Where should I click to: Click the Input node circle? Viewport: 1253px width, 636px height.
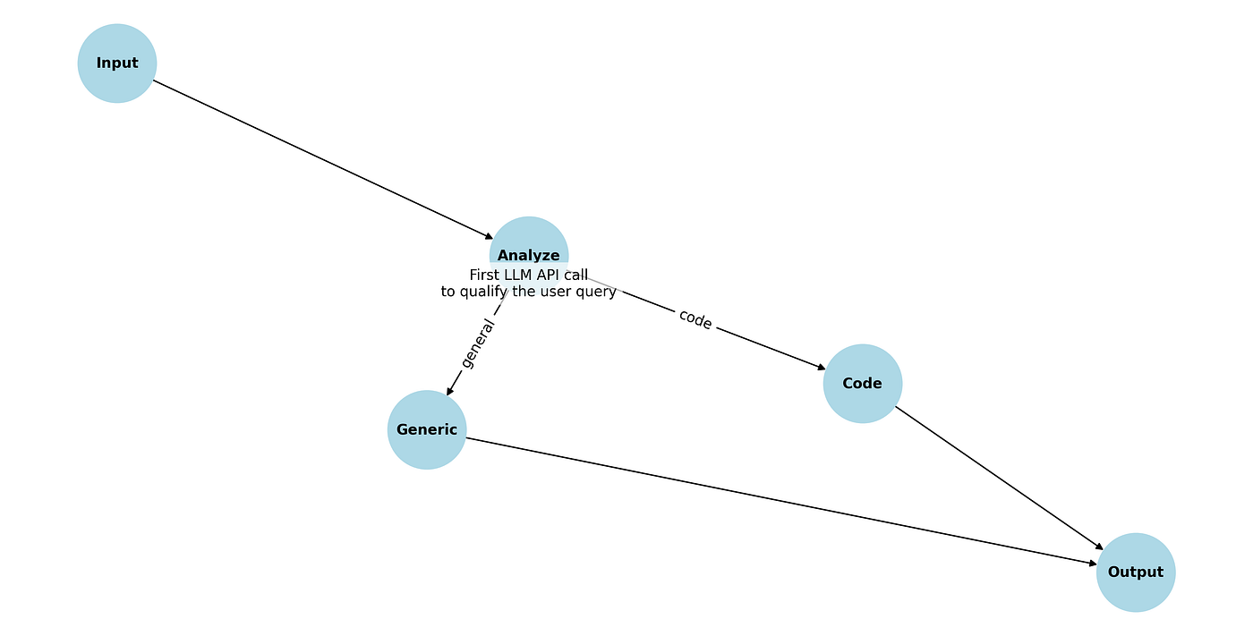(x=117, y=64)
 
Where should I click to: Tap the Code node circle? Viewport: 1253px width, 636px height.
(x=863, y=384)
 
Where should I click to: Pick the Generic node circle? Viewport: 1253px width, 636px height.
(x=427, y=429)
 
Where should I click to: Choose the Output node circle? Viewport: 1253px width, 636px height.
(x=1136, y=572)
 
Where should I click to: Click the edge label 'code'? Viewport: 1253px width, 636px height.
(x=695, y=319)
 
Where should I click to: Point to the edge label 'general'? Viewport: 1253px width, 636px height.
(x=477, y=343)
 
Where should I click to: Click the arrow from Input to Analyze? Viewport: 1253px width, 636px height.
(x=323, y=159)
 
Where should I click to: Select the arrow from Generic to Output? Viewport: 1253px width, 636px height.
(x=781, y=501)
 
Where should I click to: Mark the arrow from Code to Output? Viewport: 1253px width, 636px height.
(x=999, y=478)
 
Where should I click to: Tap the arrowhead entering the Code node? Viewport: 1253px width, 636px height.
(x=822, y=367)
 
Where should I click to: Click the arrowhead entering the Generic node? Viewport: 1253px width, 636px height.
(x=449, y=391)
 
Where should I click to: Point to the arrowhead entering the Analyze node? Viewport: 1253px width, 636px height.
(x=489, y=236)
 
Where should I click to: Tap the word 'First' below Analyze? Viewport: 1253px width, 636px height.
(x=483, y=275)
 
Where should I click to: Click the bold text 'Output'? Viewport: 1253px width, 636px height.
(x=1136, y=572)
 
